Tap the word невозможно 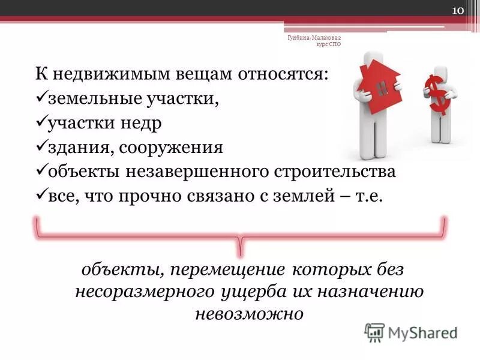click(248, 314)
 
